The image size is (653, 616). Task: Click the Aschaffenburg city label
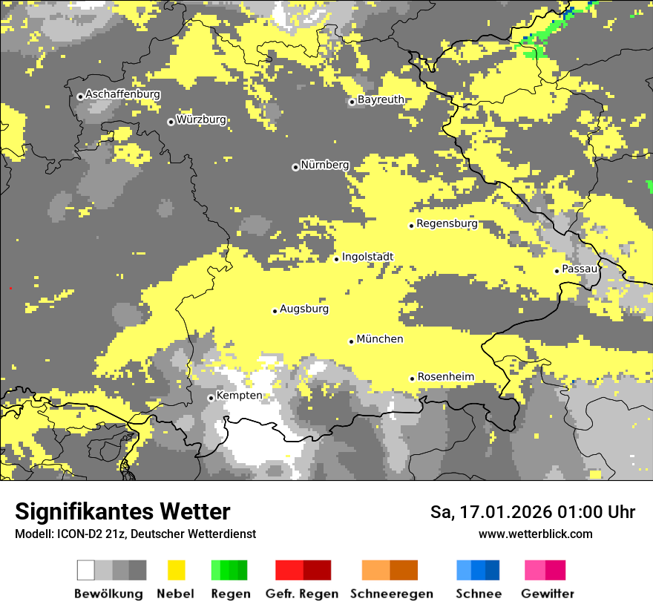(122, 94)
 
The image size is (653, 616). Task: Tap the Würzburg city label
(201, 119)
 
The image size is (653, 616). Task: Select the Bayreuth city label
(381, 99)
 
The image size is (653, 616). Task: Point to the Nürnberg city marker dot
(295, 167)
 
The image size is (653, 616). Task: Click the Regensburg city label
(447, 223)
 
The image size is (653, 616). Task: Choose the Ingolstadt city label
(367, 257)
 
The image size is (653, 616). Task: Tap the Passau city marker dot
(557, 271)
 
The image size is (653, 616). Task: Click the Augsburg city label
(304, 309)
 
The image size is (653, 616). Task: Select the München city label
(380, 339)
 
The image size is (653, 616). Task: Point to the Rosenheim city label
(445, 377)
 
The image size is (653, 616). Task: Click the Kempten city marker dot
(211, 398)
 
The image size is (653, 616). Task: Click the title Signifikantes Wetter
(122, 511)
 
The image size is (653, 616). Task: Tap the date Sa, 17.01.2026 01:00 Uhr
(532, 512)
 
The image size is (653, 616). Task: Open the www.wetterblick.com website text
(535, 534)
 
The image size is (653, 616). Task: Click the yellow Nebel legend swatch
(176, 570)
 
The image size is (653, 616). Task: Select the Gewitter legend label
(547, 594)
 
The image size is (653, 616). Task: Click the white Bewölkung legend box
(86, 570)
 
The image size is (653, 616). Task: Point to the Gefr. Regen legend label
(301, 594)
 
